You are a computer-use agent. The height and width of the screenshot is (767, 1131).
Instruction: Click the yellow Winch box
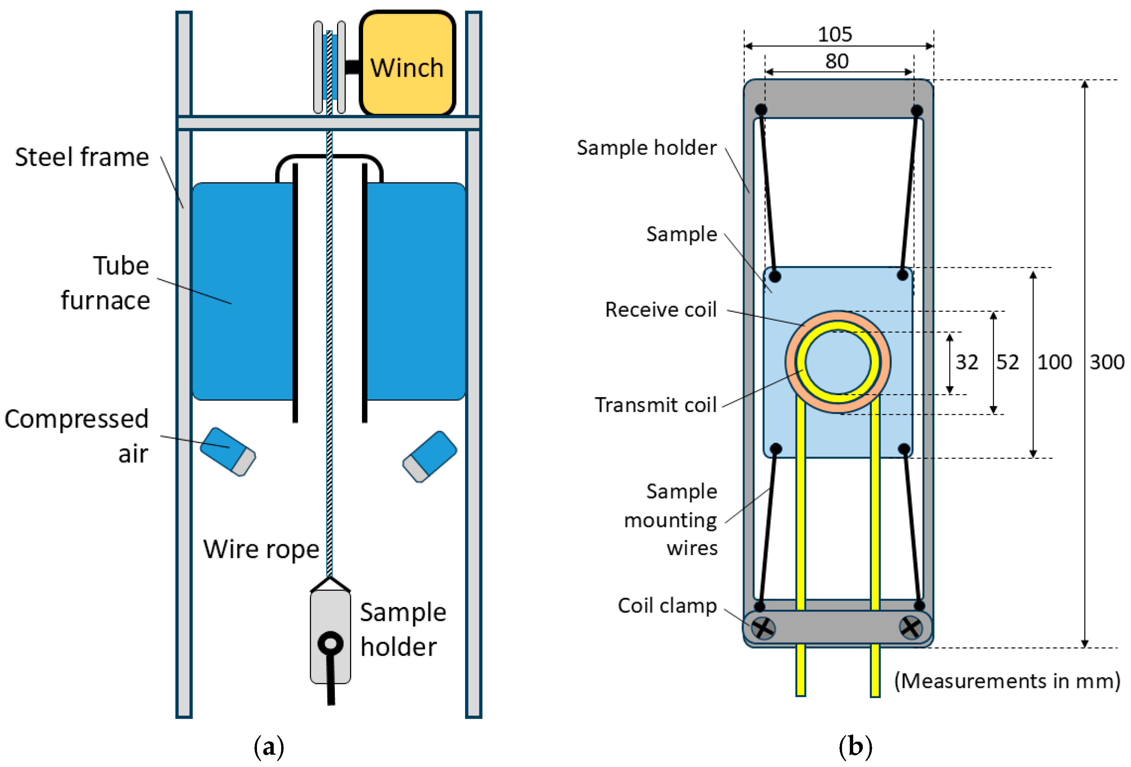pos(407,63)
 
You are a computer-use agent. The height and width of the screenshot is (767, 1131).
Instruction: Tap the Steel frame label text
pos(82,157)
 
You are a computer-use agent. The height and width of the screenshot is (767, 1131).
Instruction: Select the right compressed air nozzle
pos(429,456)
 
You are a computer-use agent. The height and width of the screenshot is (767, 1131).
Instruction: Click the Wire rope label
pos(261,549)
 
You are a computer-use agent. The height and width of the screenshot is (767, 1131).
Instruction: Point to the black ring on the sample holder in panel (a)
pos(330,643)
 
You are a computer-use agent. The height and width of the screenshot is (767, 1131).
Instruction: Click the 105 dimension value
pos(835,34)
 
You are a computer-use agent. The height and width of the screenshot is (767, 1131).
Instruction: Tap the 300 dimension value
pos(1106,362)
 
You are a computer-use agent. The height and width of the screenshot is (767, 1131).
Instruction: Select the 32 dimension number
pos(966,362)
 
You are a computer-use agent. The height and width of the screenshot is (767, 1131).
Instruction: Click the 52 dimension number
pos(1007,362)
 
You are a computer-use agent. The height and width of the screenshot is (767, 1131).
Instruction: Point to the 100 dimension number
pos(1055,362)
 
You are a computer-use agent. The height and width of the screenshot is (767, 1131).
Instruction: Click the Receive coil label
pos(660,310)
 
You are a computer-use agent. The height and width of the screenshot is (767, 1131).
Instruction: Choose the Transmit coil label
pos(655,405)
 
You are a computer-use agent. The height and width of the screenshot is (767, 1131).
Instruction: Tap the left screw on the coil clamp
pos(763,628)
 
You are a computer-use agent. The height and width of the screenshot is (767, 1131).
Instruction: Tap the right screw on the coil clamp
pos(911,627)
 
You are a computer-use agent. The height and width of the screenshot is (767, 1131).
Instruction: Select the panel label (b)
pos(855,746)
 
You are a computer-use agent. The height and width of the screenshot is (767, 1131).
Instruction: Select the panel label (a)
pos(269,746)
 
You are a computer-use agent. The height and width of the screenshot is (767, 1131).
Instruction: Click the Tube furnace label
pos(106,283)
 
